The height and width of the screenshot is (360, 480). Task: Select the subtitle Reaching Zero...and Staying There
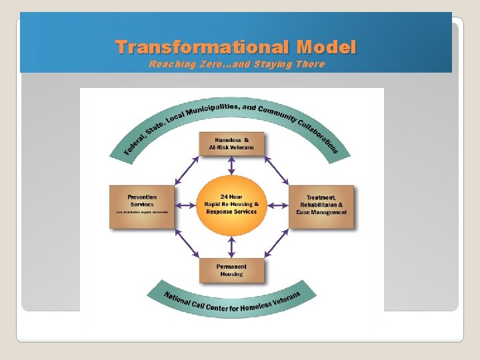pos(237,64)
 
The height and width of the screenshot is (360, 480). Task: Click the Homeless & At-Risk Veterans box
pos(231,143)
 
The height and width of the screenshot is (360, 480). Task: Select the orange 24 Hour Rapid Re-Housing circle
pos(231,205)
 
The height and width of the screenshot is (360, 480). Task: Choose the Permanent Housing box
pos(231,269)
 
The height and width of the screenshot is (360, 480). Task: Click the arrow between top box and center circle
pos(231,166)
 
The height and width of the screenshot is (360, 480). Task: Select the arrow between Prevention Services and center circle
pos(186,205)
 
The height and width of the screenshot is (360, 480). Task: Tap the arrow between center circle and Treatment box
pos(277,205)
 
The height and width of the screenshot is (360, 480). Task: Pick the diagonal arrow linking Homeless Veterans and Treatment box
pos(277,169)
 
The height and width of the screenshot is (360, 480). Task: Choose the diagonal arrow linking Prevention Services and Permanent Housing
pos(187,243)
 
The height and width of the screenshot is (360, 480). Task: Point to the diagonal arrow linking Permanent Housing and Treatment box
pos(277,243)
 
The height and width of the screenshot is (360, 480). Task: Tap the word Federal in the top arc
pos(135,144)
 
